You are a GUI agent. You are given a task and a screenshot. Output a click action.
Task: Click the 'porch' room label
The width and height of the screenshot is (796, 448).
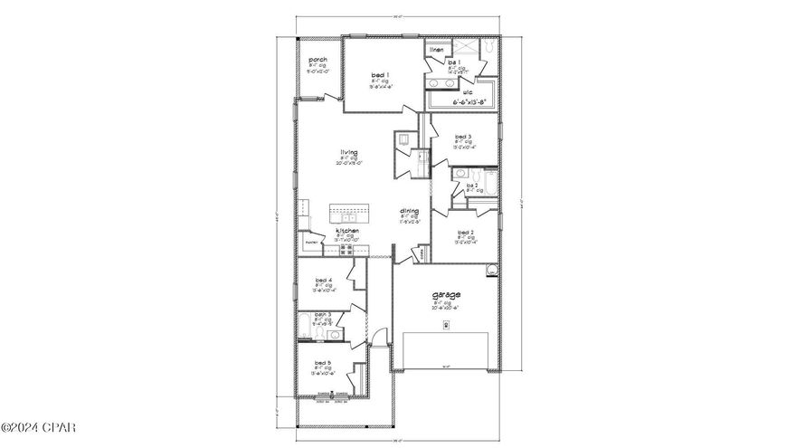(x=317, y=60)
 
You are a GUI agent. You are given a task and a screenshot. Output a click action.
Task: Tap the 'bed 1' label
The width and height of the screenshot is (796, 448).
(x=381, y=74)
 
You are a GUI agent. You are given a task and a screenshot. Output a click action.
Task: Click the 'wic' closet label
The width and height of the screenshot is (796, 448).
(x=468, y=91)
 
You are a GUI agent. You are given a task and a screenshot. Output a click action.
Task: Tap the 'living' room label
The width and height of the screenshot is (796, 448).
(x=348, y=152)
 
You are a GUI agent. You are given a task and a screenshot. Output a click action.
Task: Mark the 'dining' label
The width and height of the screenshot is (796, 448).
(x=410, y=211)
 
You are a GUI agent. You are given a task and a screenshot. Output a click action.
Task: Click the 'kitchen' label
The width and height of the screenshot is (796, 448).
(x=348, y=231)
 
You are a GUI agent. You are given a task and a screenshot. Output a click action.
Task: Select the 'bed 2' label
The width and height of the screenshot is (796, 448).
(x=465, y=233)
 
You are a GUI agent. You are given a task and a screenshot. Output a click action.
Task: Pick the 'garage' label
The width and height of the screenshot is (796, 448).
(x=446, y=295)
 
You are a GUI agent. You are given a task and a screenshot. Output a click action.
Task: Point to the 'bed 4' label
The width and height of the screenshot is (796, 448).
(x=323, y=280)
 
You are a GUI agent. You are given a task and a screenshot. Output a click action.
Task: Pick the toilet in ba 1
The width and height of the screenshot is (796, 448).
(x=488, y=44)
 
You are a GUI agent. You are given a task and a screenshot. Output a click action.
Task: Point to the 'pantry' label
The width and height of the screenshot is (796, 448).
(x=312, y=243)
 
